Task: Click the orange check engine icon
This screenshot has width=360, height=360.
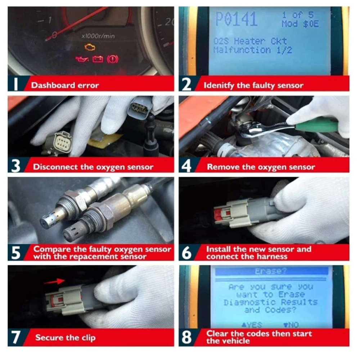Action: pos(90,47)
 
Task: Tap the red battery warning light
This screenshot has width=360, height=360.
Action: pos(98,59)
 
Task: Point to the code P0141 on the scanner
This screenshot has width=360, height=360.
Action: pos(236,19)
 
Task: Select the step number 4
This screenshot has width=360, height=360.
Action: pos(187,167)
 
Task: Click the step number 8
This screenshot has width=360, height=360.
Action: pos(187,337)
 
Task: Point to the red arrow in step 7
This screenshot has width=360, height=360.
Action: pos(54,281)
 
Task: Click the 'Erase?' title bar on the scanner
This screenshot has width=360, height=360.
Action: pos(270,271)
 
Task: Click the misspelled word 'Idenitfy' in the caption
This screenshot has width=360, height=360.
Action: pos(218,86)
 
